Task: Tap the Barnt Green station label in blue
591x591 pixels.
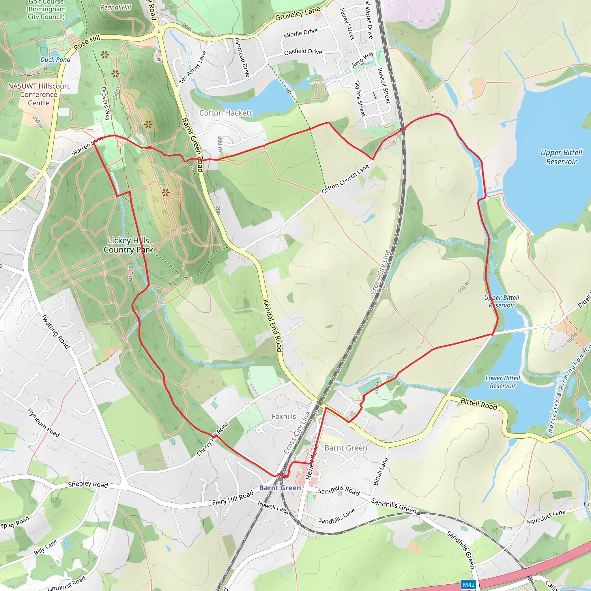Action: [280, 488]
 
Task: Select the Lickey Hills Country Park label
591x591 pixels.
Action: [128, 245]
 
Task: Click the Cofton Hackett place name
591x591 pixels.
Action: [226, 113]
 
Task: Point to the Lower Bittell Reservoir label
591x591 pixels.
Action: [503, 382]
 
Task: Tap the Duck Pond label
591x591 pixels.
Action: [55, 60]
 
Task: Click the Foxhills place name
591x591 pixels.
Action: [284, 416]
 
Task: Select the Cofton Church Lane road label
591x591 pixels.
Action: [345, 179]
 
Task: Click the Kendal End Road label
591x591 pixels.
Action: [272, 325]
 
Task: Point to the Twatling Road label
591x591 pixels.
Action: [55, 331]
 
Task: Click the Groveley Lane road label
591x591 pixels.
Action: [297, 14]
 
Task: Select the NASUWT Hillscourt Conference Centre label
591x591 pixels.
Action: [39, 95]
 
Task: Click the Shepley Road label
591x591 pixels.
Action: [88, 484]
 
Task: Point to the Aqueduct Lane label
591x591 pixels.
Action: [546, 517]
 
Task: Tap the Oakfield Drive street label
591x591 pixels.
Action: [303, 51]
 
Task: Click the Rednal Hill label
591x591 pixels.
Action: [116, 7]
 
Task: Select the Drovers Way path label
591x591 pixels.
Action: [105, 103]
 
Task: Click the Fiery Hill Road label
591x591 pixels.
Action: [233, 498]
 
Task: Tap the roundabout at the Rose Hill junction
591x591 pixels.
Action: [158, 31]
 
